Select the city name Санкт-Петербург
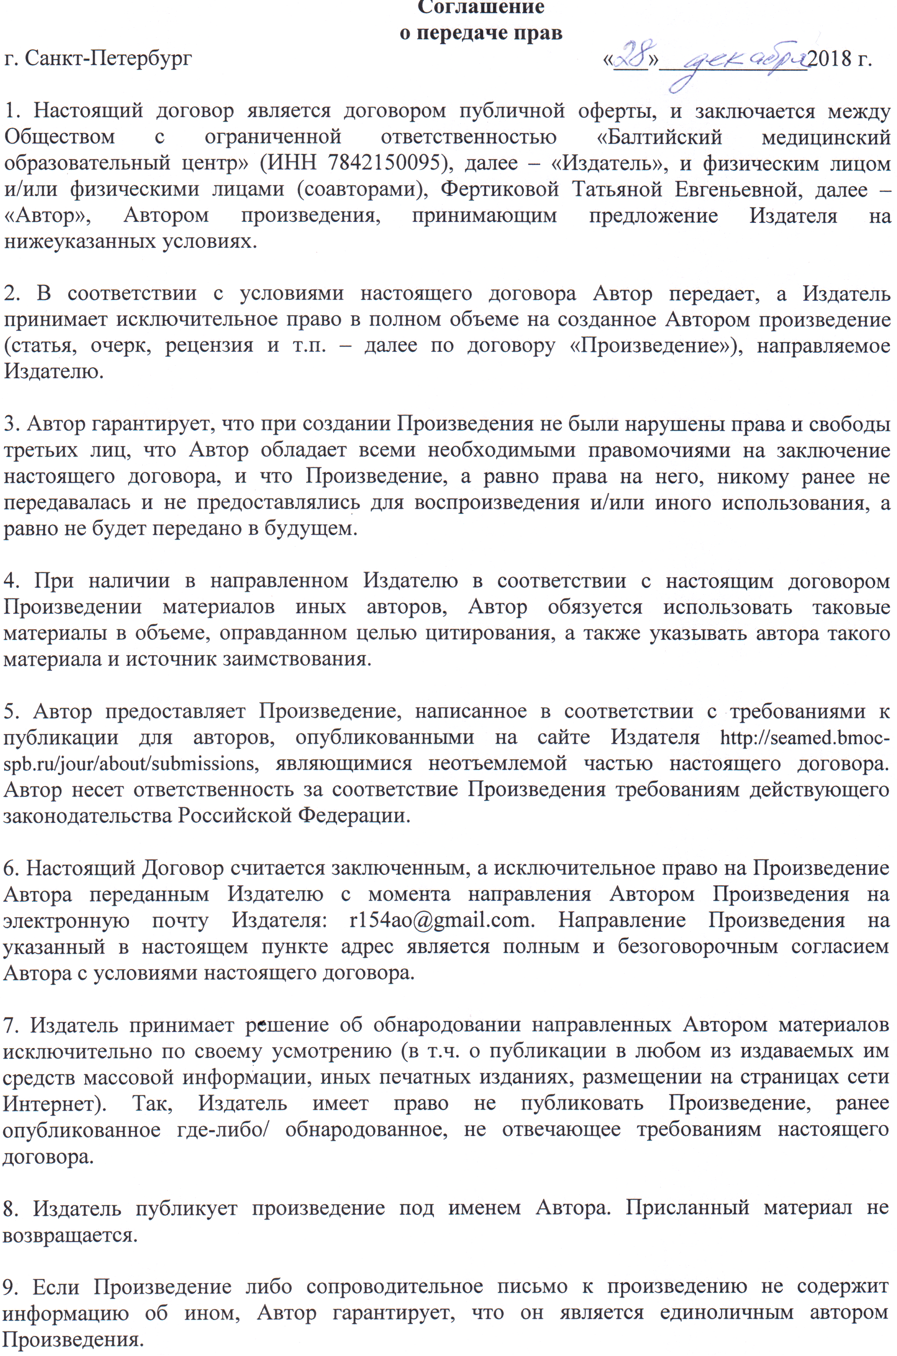[108, 58]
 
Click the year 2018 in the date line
[829, 58]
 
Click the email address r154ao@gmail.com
[440, 920]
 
